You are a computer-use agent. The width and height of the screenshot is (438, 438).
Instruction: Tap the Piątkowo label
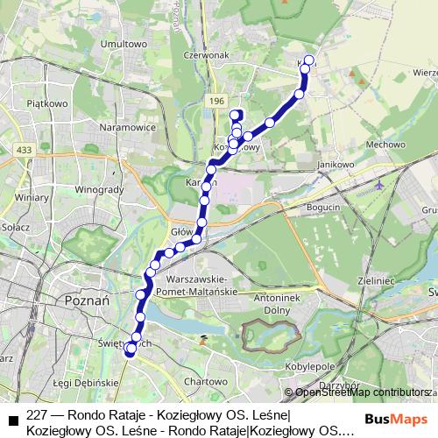pyautogui.click(x=47, y=102)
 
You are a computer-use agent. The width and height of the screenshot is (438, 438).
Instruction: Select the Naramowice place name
pyautogui.click(x=128, y=127)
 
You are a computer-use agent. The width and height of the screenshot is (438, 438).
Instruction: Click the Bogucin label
pyautogui.click(x=323, y=206)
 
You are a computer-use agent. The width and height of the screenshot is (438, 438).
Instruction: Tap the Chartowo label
pyautogui.click(x=204, y=382)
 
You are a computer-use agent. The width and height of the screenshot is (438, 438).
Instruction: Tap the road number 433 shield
pyautogui.click(x=25, y=151)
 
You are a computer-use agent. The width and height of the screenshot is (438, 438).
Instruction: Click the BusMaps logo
pyautogui.click(x=398, y=419)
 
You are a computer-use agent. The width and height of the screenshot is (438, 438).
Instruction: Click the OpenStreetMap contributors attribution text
pyautogui.click(x=361, y=392)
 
